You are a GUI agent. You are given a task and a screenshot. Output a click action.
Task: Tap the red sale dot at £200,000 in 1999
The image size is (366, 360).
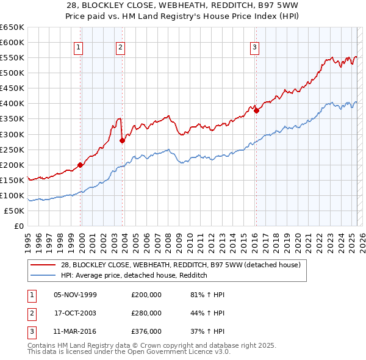[x=81, y=165]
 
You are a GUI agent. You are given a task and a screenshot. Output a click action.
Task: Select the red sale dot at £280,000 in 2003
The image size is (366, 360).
[x=122, y=140]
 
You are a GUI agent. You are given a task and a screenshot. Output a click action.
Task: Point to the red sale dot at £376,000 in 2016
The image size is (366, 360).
[x=256, y=110]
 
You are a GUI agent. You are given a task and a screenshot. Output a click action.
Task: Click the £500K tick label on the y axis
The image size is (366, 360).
[x=12, y=73]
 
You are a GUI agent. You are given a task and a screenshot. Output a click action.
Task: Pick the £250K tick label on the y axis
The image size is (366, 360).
[x=12, y=149]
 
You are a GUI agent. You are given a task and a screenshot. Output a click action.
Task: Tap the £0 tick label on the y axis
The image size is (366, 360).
[x=18, y=226]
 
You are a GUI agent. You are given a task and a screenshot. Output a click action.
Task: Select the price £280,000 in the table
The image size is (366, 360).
[x=146, y=313]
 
